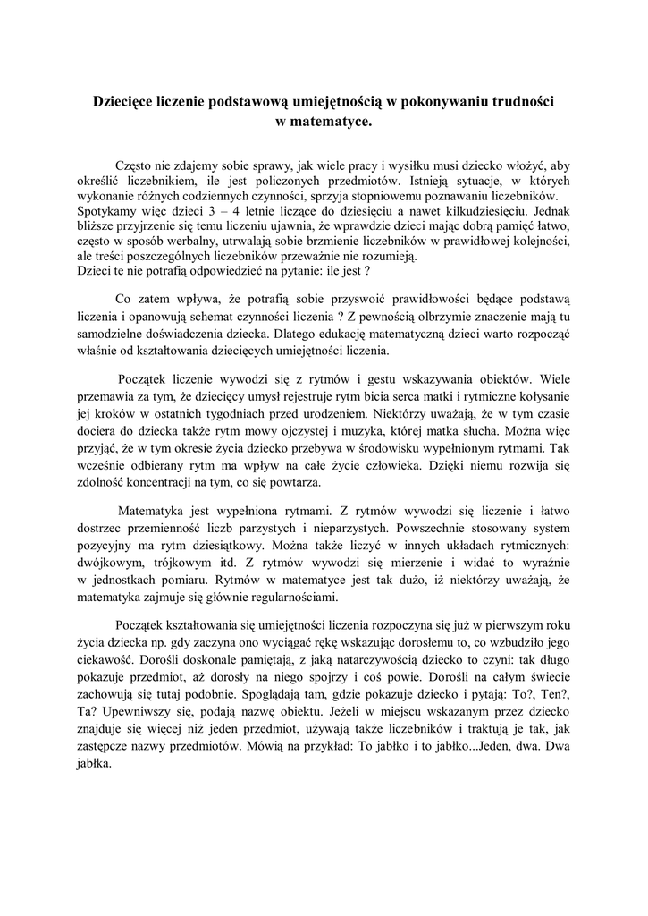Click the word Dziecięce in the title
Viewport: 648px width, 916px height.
coord(130,102)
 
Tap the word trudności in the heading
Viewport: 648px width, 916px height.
coord(518,102)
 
